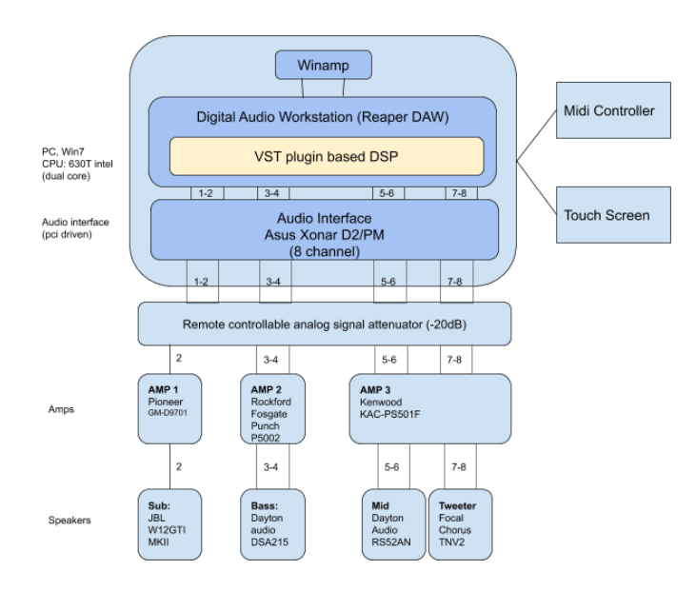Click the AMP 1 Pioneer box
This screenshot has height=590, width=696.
click(x=171, y=411)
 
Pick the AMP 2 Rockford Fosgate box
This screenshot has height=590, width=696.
click(x=276, y=411)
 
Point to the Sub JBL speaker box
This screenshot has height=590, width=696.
click(x=171, y=524)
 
